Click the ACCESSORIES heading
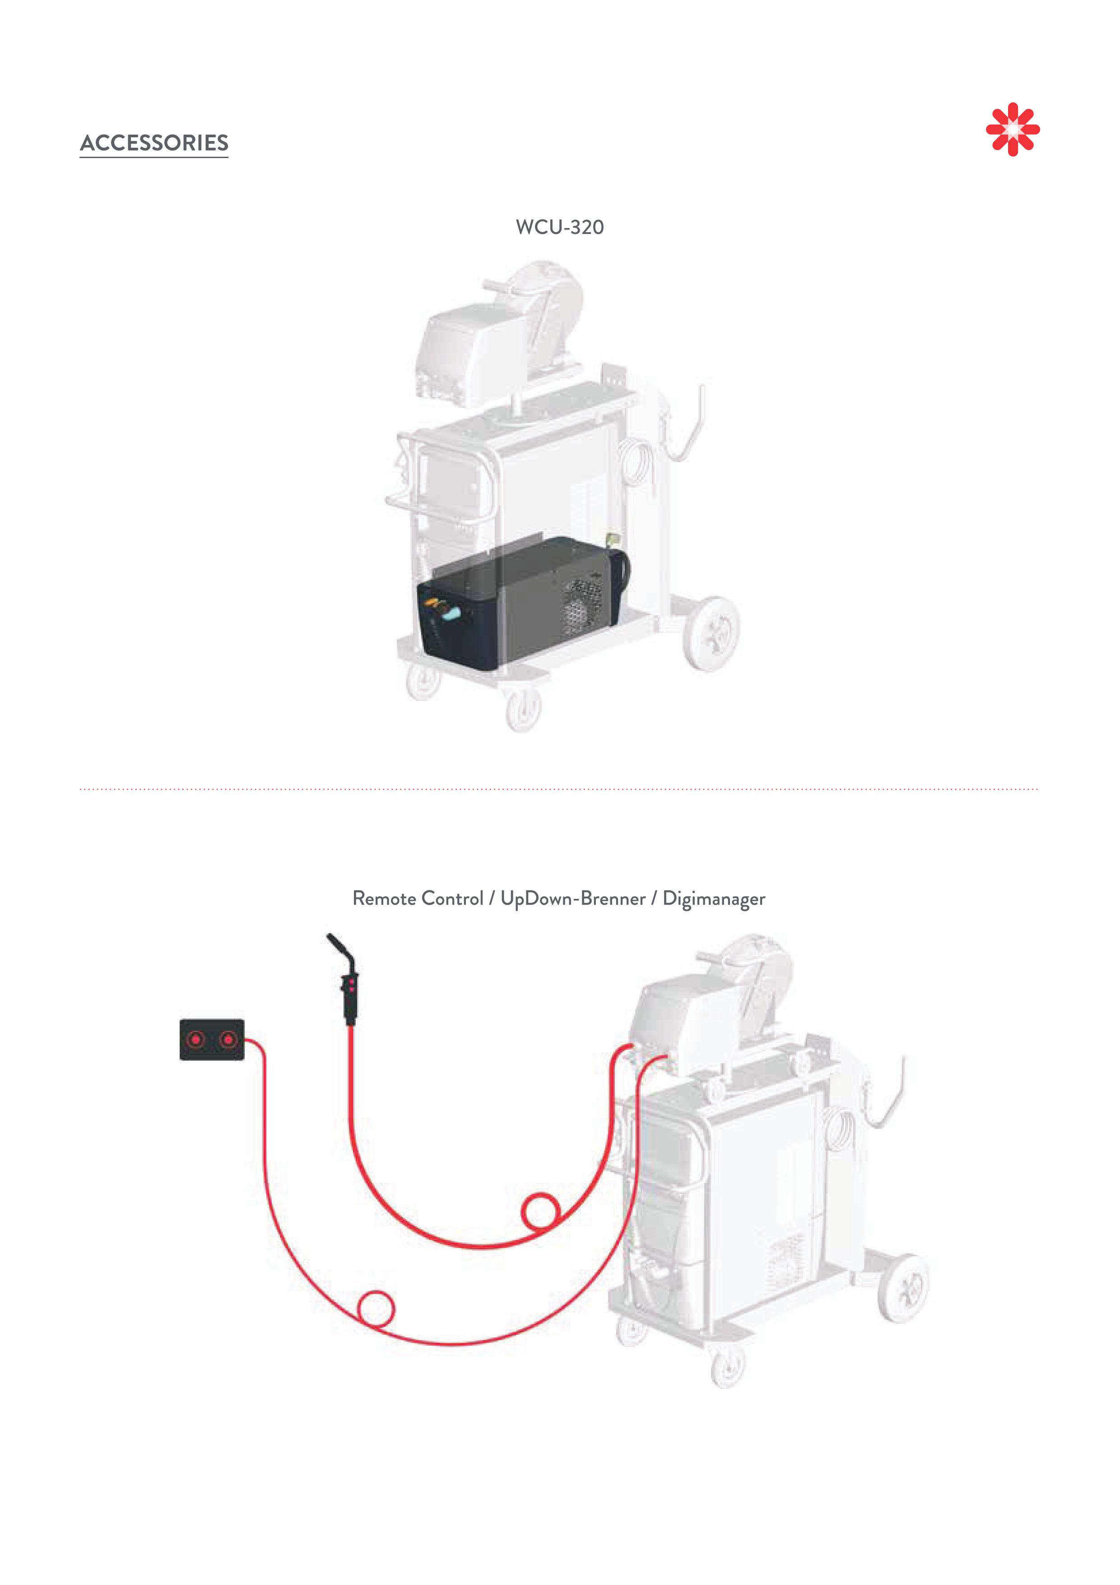[154, 143]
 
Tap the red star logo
[1013, 129]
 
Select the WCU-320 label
[560, 227]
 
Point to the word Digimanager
[714, 899]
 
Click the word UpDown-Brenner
[573, 899]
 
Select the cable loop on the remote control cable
[376, 1308]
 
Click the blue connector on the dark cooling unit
[452, 613]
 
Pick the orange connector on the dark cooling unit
[433, 603]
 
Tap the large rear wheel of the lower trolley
[904, 1288]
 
